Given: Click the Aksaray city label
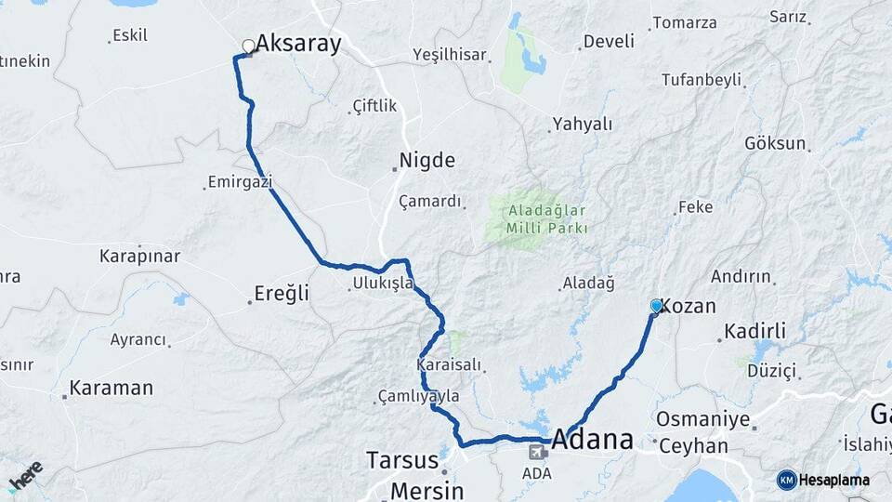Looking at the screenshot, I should point(298,44).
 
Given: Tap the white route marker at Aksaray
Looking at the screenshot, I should point(248,46).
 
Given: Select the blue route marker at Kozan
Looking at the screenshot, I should point(657,306).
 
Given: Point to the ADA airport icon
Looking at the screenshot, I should point(537,453).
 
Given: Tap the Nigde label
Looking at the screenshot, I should point(426,161).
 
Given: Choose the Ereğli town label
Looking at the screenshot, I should point(282,294).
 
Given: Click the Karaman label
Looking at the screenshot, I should point(111,388).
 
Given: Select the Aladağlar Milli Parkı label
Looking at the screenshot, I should point(548,218).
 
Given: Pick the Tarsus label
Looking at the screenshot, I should point(401,460).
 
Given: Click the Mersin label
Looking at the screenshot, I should point(426,490).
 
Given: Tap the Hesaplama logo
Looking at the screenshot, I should point(823,480).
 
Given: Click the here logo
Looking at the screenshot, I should point(26,477).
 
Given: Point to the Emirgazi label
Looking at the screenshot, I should point(240,182).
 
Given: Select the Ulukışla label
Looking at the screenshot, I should point(383,283).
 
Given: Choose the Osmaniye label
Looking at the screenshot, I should point(702,419).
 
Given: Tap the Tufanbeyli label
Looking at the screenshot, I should point(702,80).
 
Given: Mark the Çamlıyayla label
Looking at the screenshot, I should point(419,396).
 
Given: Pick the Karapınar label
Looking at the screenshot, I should point(139,256).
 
